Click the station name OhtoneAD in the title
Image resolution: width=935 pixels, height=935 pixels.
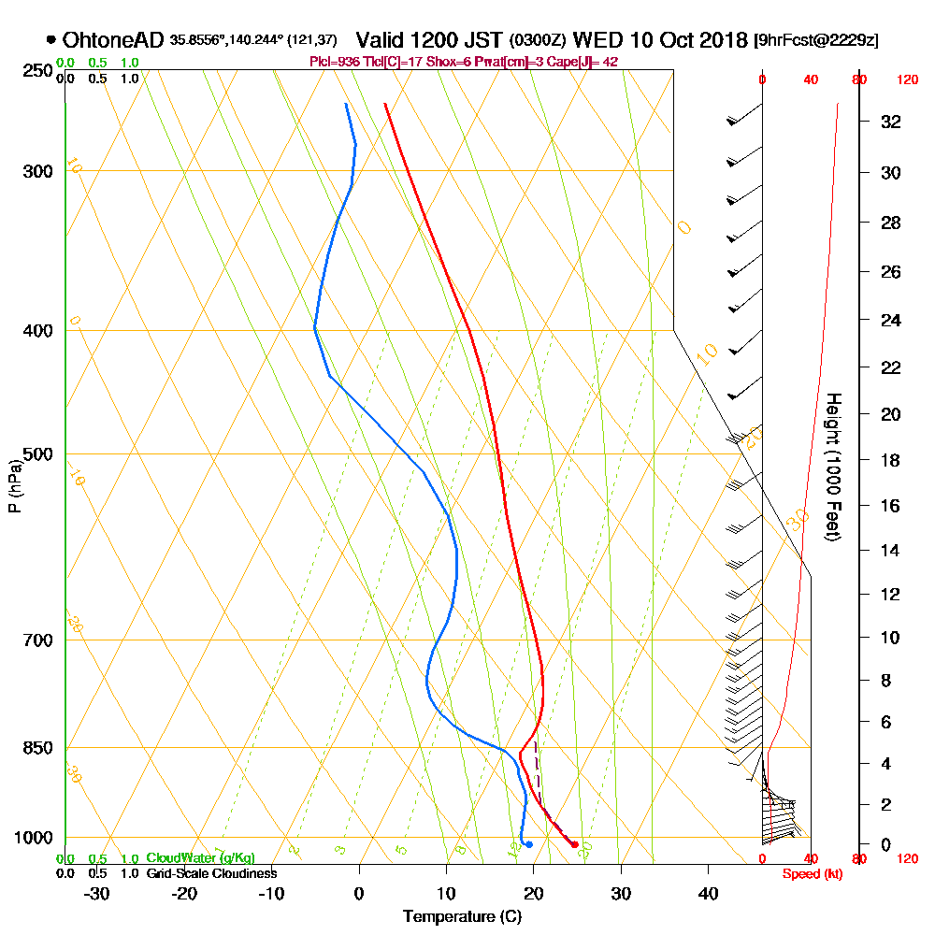click(x=114, y=40)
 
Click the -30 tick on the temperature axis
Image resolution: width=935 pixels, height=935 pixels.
click(x=97, y=894)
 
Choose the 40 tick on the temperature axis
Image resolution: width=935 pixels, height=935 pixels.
click(x=708, y=894)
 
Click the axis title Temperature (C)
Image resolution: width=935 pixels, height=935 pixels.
click(x=462, y=917)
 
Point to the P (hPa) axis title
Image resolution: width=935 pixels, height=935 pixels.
click(x=14, y=486)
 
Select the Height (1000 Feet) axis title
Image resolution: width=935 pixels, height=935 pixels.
click(x=832, y=467)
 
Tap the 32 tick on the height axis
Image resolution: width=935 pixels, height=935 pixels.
click(x=892, y=122)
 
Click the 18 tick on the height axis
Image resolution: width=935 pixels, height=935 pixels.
click(x=892, y=460)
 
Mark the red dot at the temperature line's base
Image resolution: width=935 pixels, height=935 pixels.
click(x=574, y=845)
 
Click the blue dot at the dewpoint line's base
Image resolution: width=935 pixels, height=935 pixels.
click(x=529, y=844)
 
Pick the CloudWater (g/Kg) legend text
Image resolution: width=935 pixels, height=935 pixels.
click(x=199, y=857)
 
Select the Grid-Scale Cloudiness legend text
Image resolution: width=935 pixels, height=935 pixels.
click(x=210, y=873)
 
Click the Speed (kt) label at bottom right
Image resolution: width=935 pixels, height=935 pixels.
click(x=812, y=874)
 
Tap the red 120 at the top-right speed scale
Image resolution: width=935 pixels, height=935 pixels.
click(x=906, y=80)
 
